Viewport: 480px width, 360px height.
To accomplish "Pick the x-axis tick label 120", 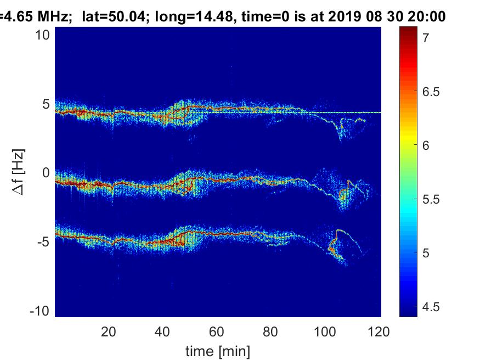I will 379,331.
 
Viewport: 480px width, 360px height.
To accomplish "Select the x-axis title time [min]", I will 218,350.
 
